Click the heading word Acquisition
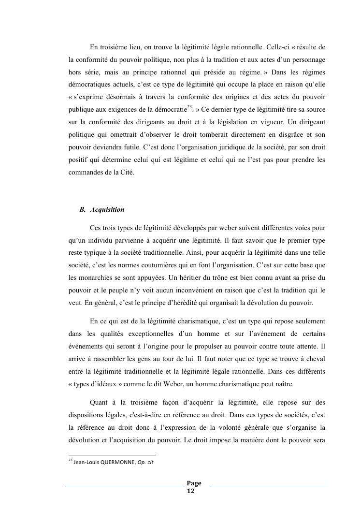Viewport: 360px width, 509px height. (107, 210)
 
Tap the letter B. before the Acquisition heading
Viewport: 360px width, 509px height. (83, 210)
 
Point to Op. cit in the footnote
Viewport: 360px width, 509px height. (145, 462)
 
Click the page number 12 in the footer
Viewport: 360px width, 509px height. (190, 491)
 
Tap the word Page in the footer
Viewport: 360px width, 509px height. (194, 483)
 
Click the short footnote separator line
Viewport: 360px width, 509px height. (112, 455)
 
